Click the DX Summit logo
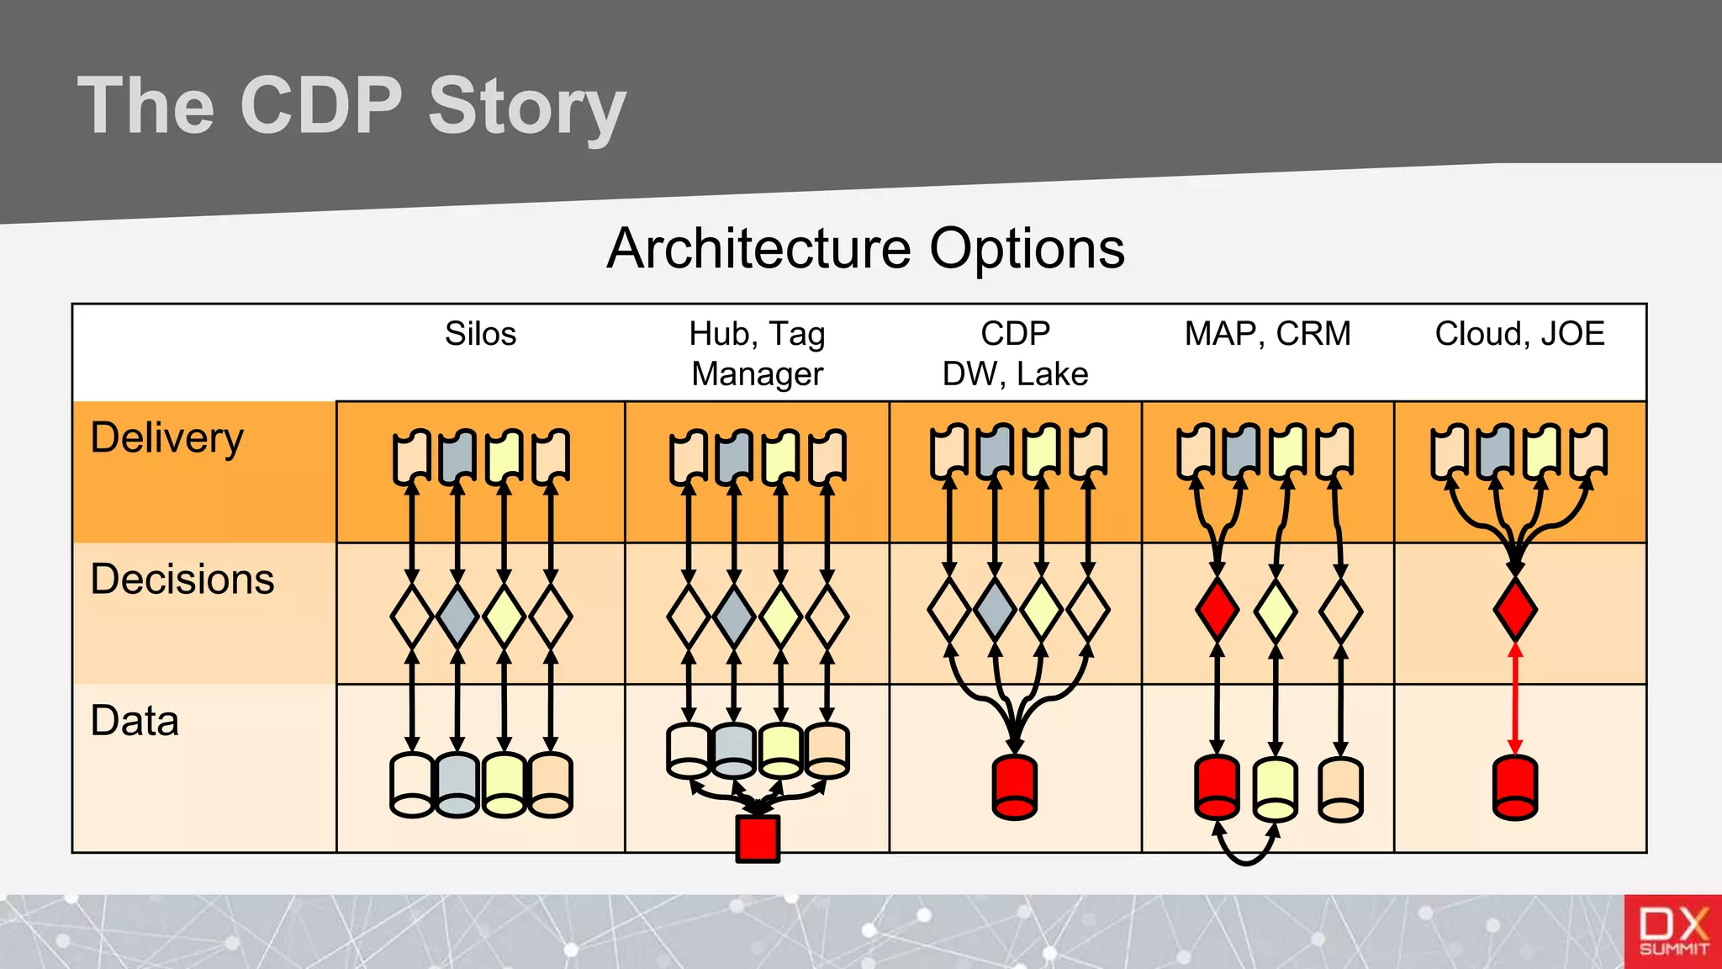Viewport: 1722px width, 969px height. (1672, 931)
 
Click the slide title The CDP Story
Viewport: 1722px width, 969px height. (351, 106)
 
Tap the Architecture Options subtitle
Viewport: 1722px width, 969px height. (865, 249)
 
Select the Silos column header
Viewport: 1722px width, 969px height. (480, 334)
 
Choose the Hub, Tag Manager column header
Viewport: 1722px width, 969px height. (757, 354)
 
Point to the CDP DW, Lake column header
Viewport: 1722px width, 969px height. (1015, 354)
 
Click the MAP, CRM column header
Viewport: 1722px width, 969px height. (1267, 334)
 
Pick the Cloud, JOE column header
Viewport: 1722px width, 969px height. (1519, 334)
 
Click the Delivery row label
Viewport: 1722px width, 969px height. (166, 438)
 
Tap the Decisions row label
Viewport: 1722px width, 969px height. (182, 580)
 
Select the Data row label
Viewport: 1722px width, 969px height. (135, 721)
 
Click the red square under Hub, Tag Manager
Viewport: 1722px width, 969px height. (758, 839)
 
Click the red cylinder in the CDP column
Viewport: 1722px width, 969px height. (1015, 787)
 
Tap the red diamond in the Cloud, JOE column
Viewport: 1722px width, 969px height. (1515, 610)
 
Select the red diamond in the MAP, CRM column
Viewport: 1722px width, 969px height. (1217, 610)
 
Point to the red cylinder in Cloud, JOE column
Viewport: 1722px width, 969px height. (1515, 787)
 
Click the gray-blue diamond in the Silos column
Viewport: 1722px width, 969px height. (457, 617)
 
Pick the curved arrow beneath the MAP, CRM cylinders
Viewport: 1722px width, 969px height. (1246, 851)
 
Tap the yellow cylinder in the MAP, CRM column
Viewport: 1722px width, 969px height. (1275, 789)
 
